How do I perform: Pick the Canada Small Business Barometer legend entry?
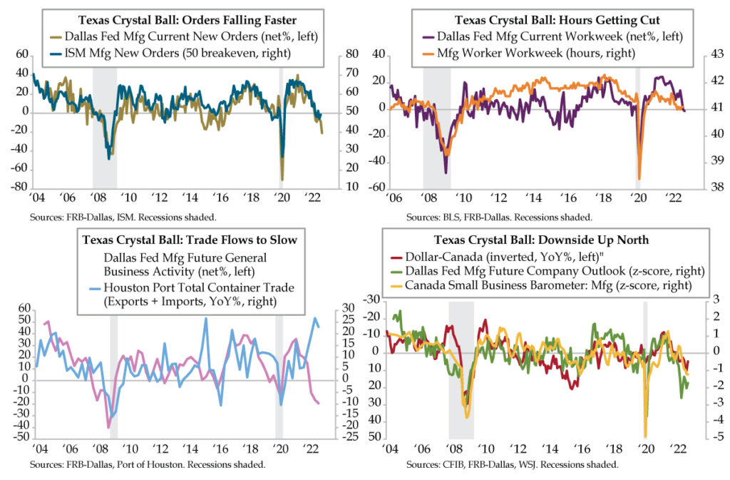click(553, 286)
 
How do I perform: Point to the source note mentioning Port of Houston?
click(148, 465)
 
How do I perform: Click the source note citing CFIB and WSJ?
click(511, 465)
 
